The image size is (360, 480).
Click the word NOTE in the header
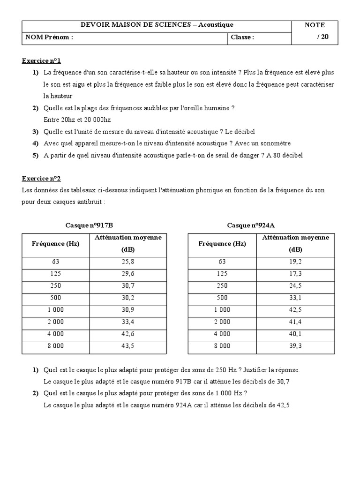tap(315, 25)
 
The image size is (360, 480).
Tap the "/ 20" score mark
tap(323, 37)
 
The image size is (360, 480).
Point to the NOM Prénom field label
tap(49, 37)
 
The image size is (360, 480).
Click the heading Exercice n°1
tap(41, 61)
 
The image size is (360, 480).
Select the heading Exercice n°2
tap(41, 179)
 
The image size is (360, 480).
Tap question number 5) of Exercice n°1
tap(36, 155)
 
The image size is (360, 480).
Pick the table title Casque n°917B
tap(89, 225)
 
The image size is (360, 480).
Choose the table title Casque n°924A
tap(251, 225)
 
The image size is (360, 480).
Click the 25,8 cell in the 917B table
tap(128, 262)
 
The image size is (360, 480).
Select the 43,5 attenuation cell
tap(128, 346)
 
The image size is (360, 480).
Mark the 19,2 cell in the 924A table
tap(296, 262)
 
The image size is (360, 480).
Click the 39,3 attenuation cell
tap(296, 346)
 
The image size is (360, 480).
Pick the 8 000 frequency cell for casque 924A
tap(222, 346)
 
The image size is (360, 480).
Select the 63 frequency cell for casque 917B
tap(55, 262)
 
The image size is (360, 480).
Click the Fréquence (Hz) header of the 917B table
tap(55, 244)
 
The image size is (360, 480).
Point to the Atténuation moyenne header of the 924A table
tap(296, 238)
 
